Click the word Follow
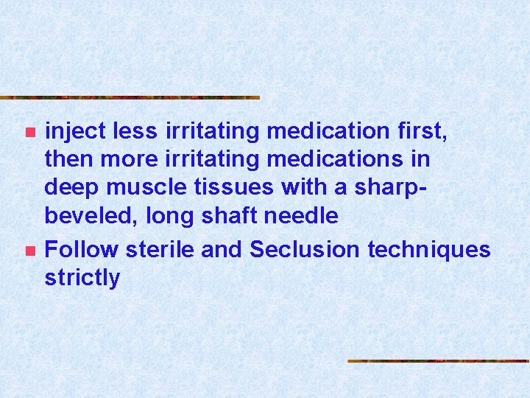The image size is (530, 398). coord(81,250)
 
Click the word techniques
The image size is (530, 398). coord(428,250)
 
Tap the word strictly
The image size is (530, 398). coord(82,278)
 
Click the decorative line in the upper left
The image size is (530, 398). coord(130,97)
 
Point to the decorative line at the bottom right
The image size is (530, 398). coord(438,361)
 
